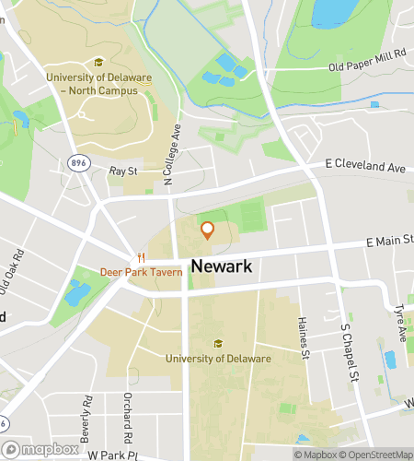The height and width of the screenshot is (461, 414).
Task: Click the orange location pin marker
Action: [207, 230]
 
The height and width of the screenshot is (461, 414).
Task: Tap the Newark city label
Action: [221, 266]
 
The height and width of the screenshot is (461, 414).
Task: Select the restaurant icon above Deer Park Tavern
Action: [141, 257]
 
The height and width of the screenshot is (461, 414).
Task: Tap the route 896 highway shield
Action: [77, 162]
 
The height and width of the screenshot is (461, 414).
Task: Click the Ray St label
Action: [122, 171]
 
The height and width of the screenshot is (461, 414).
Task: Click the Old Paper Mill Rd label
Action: [367, 60]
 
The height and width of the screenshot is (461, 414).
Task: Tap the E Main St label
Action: [389, 242]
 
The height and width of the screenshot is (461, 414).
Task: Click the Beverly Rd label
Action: [88, 414]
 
